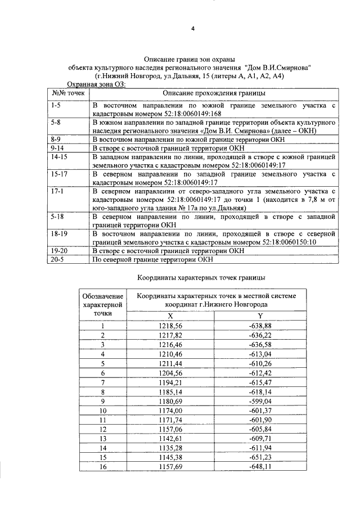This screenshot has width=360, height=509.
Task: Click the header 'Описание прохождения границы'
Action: point(214,93)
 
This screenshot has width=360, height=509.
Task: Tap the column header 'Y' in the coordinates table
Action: point(260,316)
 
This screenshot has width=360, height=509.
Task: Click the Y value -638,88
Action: point(260,326)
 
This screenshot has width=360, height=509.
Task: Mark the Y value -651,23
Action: point(260,457)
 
